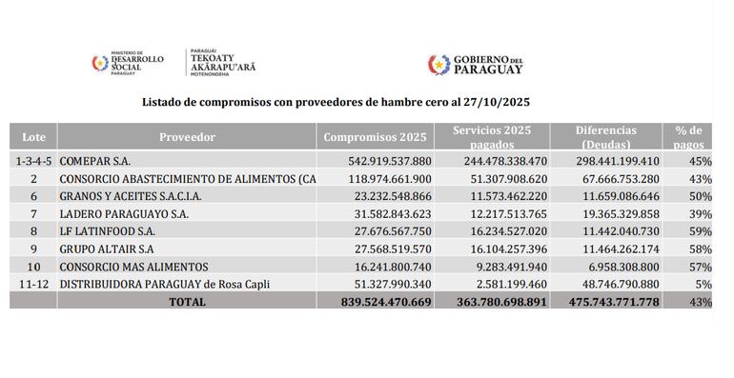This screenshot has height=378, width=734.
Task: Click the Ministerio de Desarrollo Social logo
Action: pyautogui.click(x=127, y=63)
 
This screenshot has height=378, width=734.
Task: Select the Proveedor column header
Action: pyautogui.click(x=187, y=137)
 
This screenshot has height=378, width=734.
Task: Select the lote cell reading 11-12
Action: pyautogui.click(x=33, y=284)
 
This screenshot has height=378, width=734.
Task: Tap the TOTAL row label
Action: pyautogui.click(x=187, y=302)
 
